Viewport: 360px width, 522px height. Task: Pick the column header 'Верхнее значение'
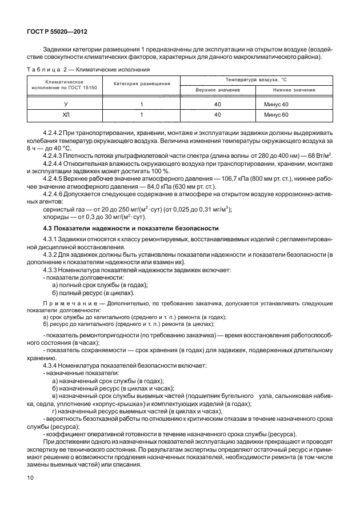[217, 90]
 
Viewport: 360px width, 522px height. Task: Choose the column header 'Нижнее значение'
[294, 90]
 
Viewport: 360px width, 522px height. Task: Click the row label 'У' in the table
[66, 104]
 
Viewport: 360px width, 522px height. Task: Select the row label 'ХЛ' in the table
[66, 115]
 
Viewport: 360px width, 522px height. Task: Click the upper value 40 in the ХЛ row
[217, 115]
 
